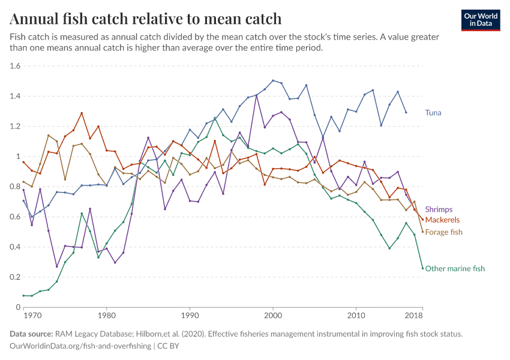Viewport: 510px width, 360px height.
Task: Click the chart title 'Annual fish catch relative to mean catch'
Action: pos(146,19)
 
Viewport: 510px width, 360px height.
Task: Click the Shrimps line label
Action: pos(439,209)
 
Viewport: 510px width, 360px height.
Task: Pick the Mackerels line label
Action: pos(443,220)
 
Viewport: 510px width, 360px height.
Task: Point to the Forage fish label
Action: pos(443,232)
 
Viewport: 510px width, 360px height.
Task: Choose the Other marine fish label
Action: pos(455,269)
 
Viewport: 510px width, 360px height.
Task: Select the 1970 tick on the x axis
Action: pos(32,315)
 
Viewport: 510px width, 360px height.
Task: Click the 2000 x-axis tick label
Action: pos(273,315)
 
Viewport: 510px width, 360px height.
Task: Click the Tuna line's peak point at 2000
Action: pos(273,80)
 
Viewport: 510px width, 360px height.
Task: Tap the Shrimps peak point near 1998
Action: pos(256,95)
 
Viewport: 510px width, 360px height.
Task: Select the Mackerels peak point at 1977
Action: pos(82,113)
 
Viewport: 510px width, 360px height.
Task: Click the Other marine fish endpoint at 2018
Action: pos(422,268)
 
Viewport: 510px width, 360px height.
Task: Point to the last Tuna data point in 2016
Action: pos(406,112)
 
